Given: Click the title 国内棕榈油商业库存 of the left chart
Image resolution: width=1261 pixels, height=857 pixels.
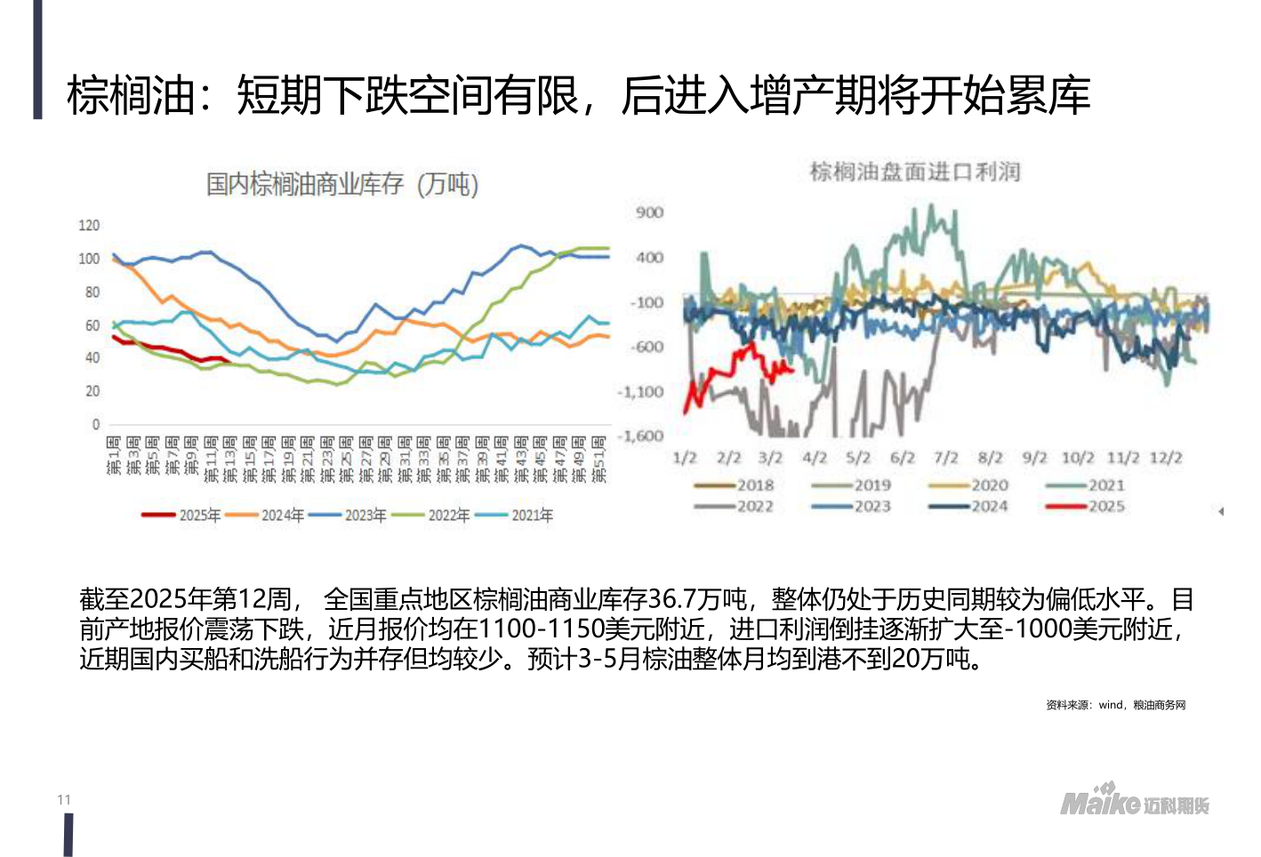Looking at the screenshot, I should click(x=304, y=184).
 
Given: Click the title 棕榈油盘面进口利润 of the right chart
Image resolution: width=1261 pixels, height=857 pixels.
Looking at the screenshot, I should click(x=914, y=171).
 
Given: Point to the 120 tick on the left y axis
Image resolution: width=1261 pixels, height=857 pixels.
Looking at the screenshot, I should click(x=89, y=226).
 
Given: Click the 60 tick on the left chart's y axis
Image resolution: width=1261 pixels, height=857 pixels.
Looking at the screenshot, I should click(x=92, y=325).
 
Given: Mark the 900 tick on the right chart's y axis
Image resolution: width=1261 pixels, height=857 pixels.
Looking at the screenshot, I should click(x=649, y=212).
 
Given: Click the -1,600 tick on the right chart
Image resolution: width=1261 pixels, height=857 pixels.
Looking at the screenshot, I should click(x=641, y=436).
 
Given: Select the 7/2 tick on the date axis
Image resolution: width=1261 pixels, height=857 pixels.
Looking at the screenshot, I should click(x=945, y=458).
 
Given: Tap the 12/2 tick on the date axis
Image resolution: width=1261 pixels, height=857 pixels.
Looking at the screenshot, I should click(x=1165, y=458).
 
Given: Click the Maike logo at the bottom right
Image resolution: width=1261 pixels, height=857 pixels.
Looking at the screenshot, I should click(x=1134, y=801).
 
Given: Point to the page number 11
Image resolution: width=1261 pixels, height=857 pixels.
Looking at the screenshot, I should click(x=64, y=799).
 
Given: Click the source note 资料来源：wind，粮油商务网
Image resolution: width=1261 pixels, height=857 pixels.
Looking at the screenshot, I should click(x=1115, y=705).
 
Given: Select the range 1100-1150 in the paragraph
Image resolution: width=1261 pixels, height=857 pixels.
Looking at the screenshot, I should click(x=541, y=629).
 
